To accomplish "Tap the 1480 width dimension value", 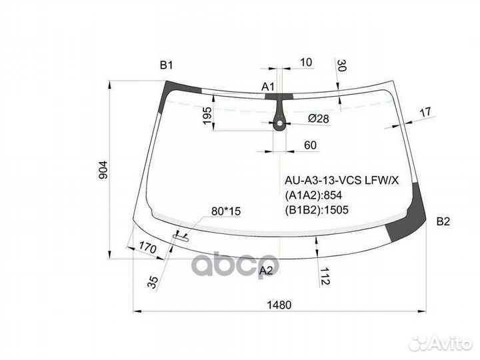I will [280, 305].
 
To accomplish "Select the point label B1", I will [166, 65].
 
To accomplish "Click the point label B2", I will [445, 221].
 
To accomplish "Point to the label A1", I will [268, 87].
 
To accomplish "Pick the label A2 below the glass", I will [266, 270].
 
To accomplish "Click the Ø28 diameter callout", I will [319, 119].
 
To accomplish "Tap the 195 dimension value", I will [207, 115].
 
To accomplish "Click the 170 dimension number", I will [147, 249].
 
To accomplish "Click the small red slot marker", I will [181, 235].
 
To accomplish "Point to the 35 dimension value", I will [153, 281].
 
